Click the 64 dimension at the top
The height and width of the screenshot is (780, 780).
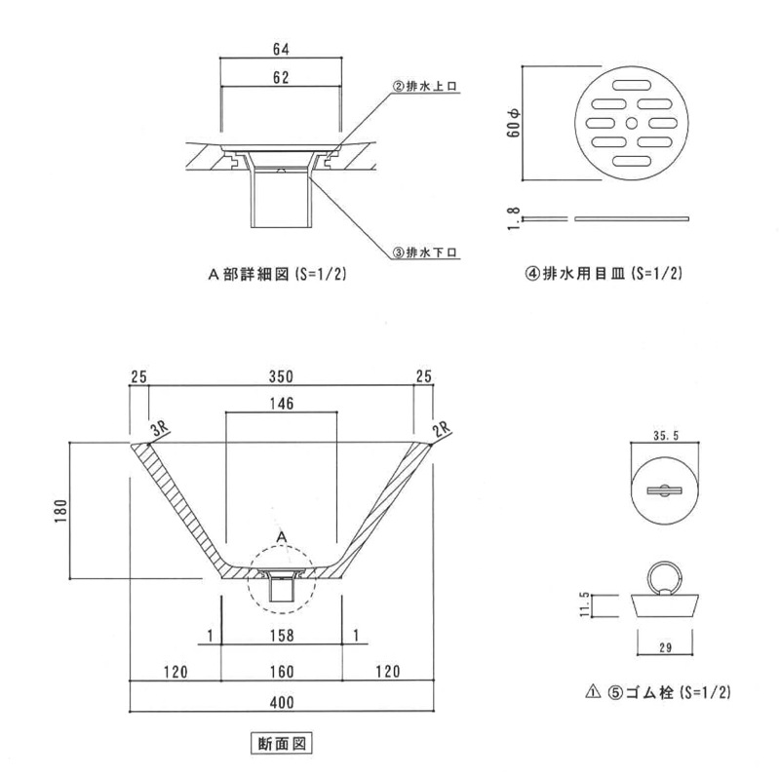[x=281, y=50]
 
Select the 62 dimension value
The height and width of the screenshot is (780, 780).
[x=281, y=77]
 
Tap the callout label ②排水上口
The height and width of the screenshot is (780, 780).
[x=425, y=86]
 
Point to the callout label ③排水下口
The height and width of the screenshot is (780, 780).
[x=425, y=253]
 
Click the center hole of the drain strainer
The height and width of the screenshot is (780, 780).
[x=631, y=123]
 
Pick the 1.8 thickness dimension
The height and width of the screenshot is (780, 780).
[x=514, y=218]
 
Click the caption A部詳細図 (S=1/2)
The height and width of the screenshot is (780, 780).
[x=277, y=274]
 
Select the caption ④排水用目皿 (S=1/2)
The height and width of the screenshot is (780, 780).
[x=604, y=273]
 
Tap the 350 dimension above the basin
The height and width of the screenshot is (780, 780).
[x=281, y=376]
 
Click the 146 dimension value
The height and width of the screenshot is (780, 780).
[x=282, y=404]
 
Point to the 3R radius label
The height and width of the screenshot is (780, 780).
[x=160, y=429]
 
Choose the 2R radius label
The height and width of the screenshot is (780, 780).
[x=442, y=429]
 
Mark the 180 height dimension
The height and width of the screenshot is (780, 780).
[x=60, y=511]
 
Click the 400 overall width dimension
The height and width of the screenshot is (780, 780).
[x=282, y=702]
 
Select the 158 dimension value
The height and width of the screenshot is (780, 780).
[x=282, y=636]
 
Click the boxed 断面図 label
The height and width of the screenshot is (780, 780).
[x=282, y=744]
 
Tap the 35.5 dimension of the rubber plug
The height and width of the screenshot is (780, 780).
[x=666, y=436]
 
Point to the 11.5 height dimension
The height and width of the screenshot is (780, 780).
[x=584, y=604]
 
